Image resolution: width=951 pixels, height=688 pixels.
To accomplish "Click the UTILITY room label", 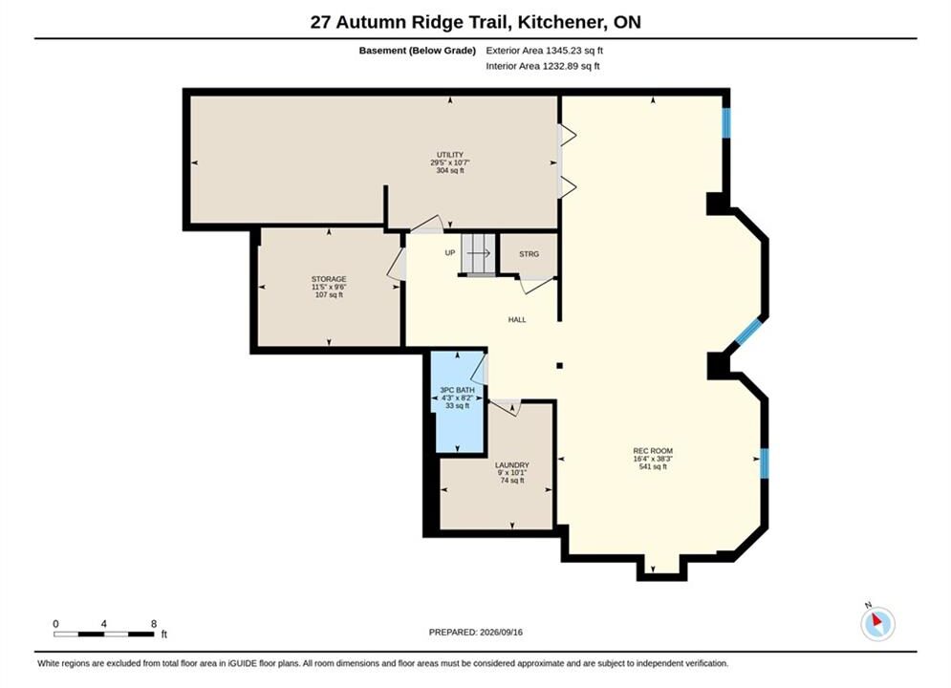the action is [x=450, y=155].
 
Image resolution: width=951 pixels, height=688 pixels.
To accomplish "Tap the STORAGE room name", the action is [x=329, y=279].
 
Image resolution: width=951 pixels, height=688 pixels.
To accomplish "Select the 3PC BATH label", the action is [x=457, y=390].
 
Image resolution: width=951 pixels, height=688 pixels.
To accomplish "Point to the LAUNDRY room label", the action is [x=512, y=465].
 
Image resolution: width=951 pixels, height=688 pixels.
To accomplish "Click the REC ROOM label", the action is [x=653, y=451].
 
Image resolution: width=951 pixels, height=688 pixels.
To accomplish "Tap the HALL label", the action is [x=517, y=319].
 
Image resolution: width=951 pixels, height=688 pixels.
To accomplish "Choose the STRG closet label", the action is [x=529, y=254].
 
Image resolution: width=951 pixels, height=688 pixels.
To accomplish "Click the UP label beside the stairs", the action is [x=450, y=253].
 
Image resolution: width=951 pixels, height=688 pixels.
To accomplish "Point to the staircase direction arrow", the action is [x=479, y=253].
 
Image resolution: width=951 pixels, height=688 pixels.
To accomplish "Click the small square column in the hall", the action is [x=560, y=366].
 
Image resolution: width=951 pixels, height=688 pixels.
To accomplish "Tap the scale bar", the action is [x=104, y=634].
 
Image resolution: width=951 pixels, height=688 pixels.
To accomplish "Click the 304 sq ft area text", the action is [x=450, y=171].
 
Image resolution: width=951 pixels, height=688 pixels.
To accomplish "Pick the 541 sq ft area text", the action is [x=653, y=466].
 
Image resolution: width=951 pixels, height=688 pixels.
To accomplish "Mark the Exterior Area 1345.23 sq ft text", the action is [x=544, y=51].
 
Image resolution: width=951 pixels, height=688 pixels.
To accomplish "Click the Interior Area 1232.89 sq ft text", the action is [x=543, y=66].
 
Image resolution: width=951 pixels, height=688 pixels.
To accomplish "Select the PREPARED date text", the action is [x=476, y=633].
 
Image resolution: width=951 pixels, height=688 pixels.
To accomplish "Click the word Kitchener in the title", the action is [x=564, y=22].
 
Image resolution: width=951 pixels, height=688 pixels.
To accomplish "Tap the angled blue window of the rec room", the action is [x=747, y=331].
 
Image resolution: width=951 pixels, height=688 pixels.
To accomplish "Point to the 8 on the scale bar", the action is [x=154, y=624].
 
